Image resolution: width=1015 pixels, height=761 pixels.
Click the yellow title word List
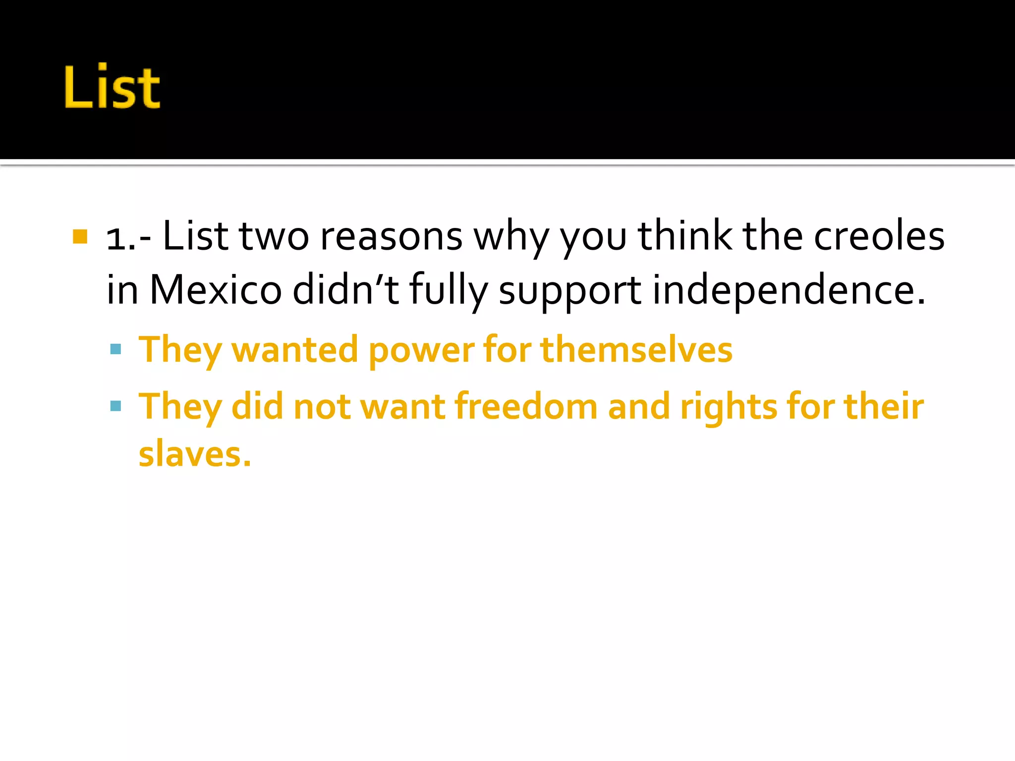pos(112,87)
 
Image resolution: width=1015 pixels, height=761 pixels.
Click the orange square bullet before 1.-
pos(80,236)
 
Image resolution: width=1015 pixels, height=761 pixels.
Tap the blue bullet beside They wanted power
pos(116,349)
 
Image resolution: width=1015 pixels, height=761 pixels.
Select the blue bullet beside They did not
pos(116,406)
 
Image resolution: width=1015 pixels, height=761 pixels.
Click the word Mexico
pos(216,289)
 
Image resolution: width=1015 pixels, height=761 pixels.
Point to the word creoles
pos(879,236)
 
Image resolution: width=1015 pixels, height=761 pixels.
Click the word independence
pos(788,289)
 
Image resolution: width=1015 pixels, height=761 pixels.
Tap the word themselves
pos(636,349)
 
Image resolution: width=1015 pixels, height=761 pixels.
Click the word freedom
pos(526,406)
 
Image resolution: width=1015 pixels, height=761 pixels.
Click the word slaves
pos(194,454)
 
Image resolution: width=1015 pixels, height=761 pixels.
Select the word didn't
pos(345,289)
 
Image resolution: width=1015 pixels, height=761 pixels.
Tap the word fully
pos(448,290)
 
